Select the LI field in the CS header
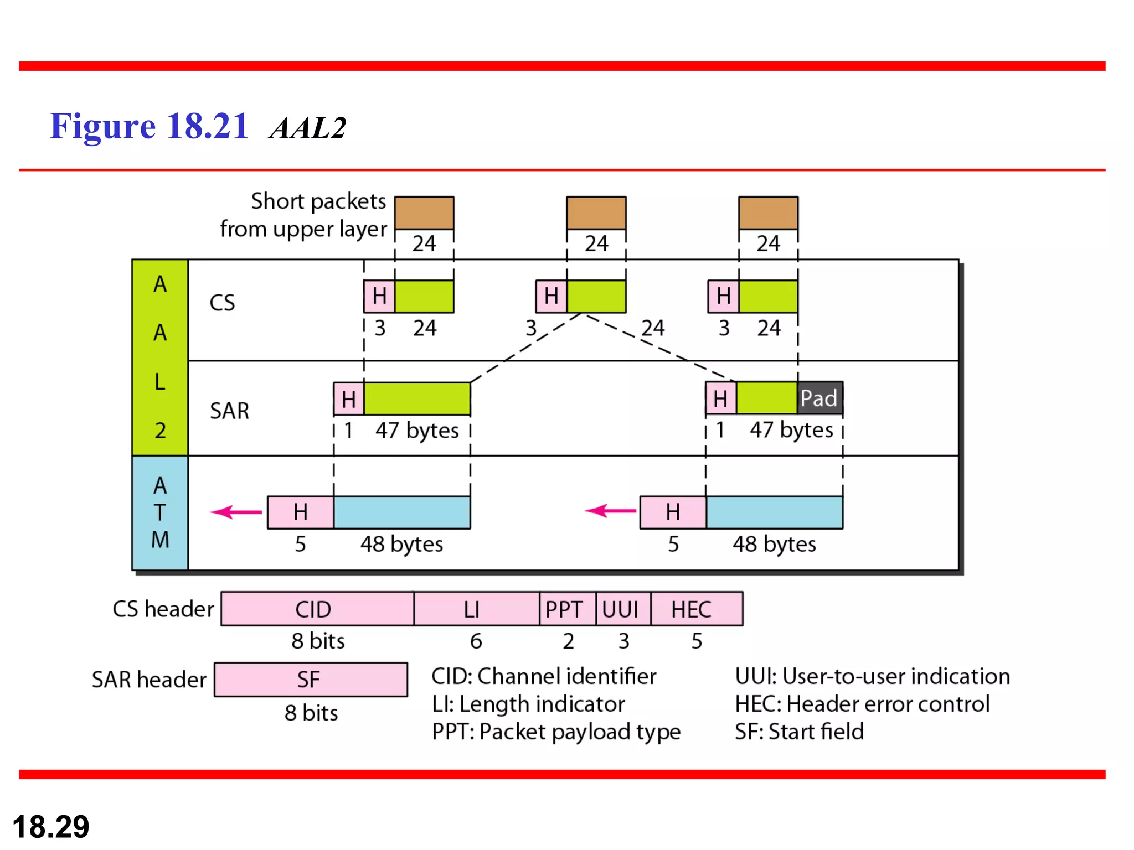[x=476, y=609]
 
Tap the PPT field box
[x=567, y=609]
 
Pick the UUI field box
[x=623, y=609]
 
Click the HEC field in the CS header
[x=696, y=609]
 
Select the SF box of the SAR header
[x=311, y=680]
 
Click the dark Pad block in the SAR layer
[x=819, y=398]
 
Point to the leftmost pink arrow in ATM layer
[x=236, y=512]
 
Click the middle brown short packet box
[x=596, y=213]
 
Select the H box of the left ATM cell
[x=300, y=512]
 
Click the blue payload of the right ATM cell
[x=774, y=512]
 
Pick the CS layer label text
[x=222, y=303]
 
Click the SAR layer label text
[x=229, y=411]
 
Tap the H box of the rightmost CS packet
[x=723, y=296]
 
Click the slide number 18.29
[x=51, y=827]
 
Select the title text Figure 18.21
[x=148, y=126]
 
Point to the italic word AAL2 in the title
[x=308, y=128]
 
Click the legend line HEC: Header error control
[x=862, y=704]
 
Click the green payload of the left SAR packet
[x=416, y=398]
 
